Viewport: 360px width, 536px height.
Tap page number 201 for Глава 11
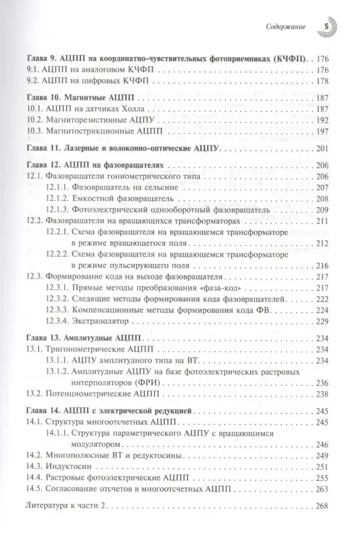[320, 147]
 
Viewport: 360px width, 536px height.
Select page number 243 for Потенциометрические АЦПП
[320, 395]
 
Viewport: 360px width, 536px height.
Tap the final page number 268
[320, 504]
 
